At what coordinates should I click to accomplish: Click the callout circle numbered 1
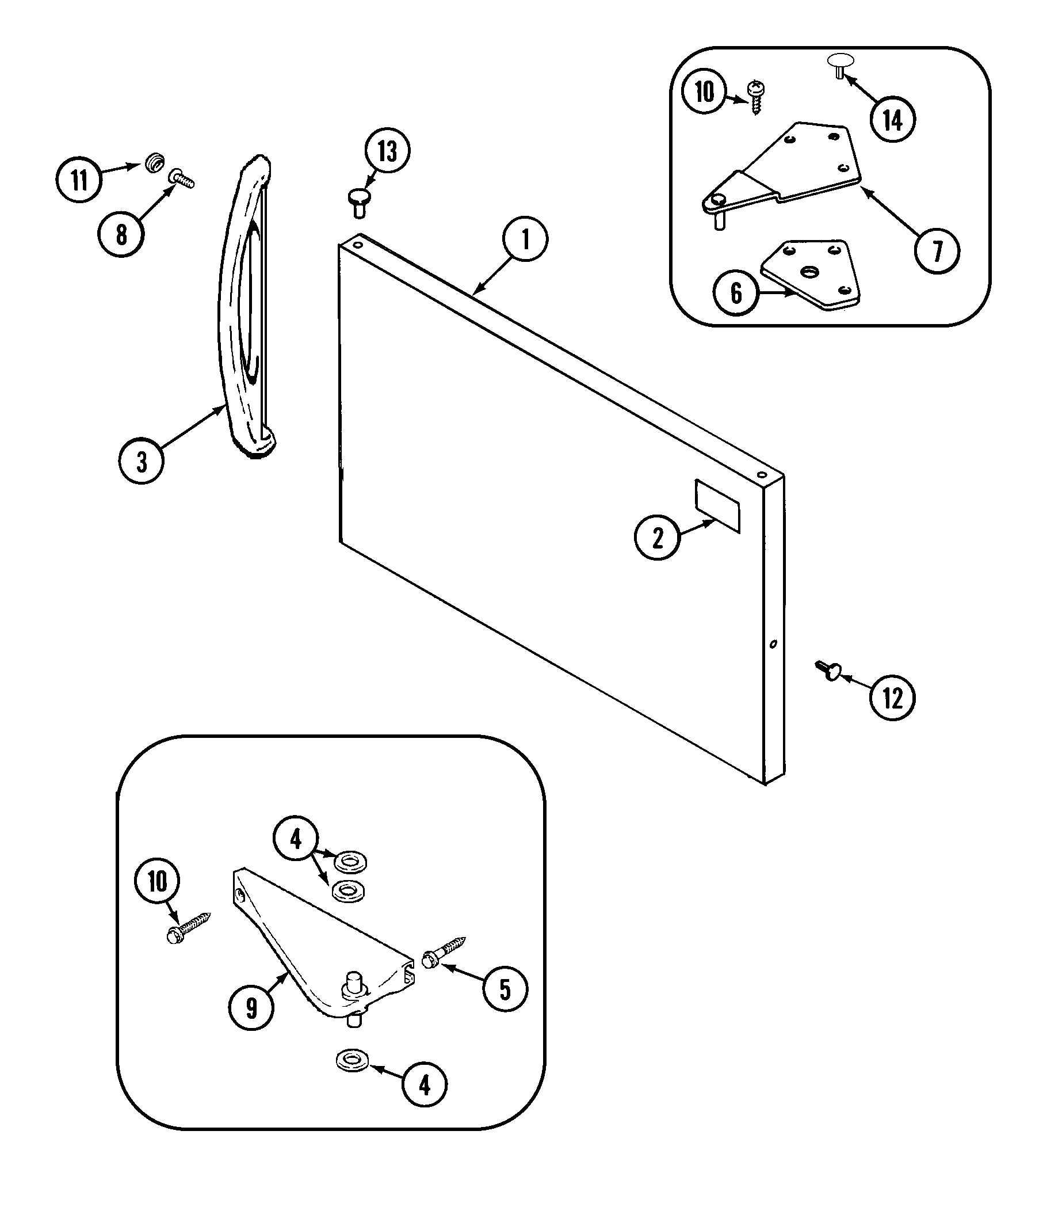tap(525, 239)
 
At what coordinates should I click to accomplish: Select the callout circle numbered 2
tap(657, 537)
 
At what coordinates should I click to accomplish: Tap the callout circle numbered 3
tap(142, 462)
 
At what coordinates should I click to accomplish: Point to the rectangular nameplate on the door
tap(717, 505)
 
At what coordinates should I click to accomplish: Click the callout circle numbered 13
tap(387, 151)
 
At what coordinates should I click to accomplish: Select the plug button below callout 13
tap(360, 199)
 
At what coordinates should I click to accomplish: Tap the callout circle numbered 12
tap(892, 698)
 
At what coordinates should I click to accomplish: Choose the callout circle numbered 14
tap(893, 119)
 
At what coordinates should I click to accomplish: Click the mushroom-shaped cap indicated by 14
tap(840, 62)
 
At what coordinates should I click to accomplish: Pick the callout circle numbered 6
tap(736, 293)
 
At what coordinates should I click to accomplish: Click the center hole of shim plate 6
tap(809, 272)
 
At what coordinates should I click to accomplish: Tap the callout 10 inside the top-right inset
tap(705, 92)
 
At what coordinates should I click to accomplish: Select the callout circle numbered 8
tap(121, 234)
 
